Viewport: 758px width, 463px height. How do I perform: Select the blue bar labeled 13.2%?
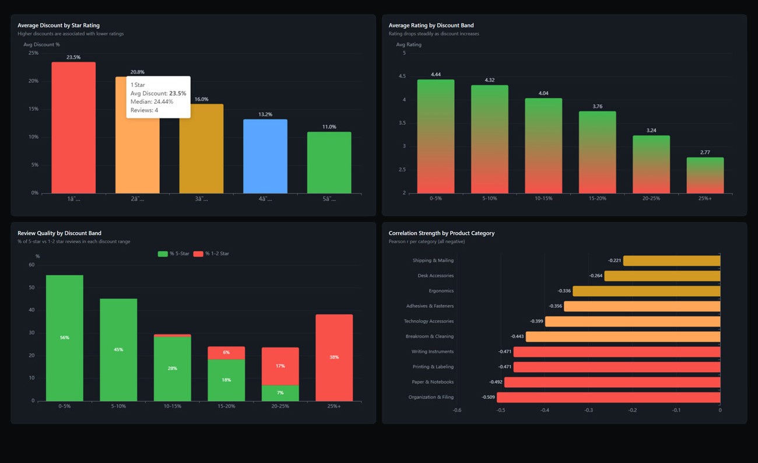[265, 156]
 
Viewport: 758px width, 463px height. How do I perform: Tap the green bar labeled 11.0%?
[329, 163]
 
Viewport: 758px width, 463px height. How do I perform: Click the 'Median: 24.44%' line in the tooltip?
[152, 101]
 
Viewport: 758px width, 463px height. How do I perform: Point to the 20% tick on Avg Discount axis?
[34, 81]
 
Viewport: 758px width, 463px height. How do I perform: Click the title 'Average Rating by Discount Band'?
[431, 26]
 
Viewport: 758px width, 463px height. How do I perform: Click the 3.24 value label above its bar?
[651, 131]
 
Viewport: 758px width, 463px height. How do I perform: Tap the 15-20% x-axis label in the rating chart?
[597, 199]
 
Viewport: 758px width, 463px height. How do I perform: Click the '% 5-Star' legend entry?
[174, 254]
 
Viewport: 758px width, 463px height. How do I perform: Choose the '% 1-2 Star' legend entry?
[212, 254]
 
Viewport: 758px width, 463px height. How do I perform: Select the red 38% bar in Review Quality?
[334, 357]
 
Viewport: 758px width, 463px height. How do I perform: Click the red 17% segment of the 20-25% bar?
[280, 366]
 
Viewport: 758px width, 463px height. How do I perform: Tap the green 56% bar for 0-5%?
[65, 338]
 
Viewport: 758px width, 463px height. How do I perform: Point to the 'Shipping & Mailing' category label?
[433, 261]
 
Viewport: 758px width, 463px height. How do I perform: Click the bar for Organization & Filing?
[608, 397]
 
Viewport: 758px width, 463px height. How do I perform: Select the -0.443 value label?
[517, 336]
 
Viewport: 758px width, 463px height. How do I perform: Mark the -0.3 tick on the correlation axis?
[588, 411]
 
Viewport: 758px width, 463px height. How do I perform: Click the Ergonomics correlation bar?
[646, 291]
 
